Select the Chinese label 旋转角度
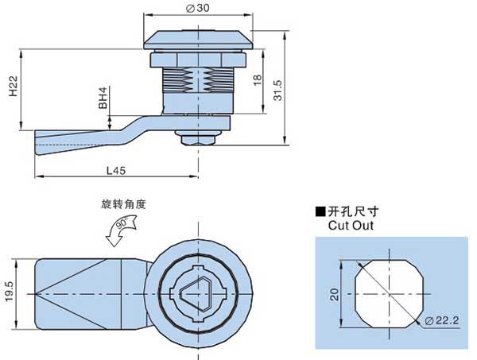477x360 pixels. [123, 204]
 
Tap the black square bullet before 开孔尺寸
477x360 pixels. [320, 212]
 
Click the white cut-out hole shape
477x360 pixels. [386, 293]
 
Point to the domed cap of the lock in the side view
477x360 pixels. [198, 39]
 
